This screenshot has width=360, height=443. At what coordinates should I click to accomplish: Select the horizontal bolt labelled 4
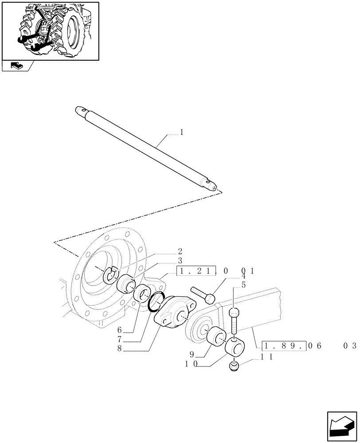[x=203, y=294]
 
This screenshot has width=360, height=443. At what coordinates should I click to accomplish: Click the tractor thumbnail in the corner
[x=50, y=30]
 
